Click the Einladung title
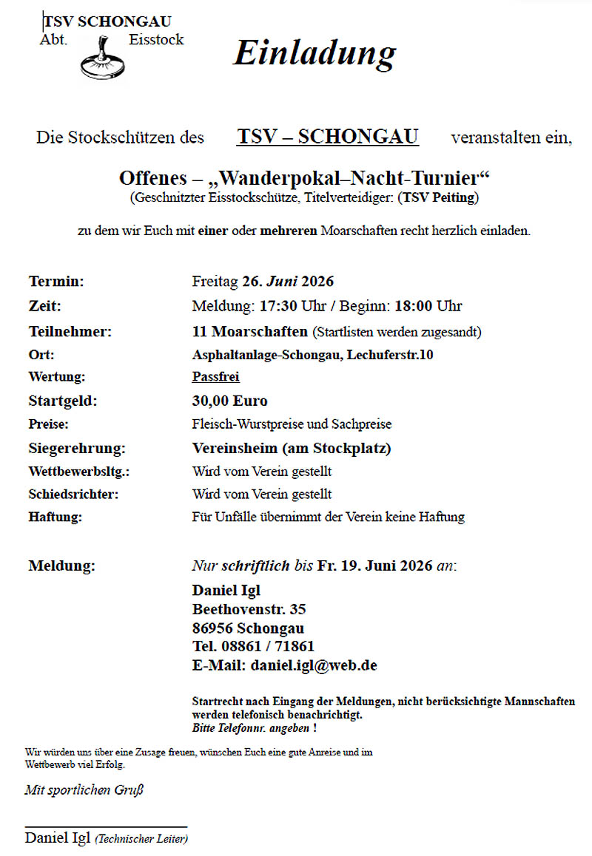pos(314,54)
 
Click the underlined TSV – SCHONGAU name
pos(328,137)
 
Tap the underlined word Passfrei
pos(215,377)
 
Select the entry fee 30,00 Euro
pos(229,401)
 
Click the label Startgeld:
pos(63,401)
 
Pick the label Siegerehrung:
pos(76,448)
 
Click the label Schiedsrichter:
pos(73,494)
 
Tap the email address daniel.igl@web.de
pos(314,665)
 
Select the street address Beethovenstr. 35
pos(249,610)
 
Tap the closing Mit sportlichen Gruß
pos(84,790)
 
